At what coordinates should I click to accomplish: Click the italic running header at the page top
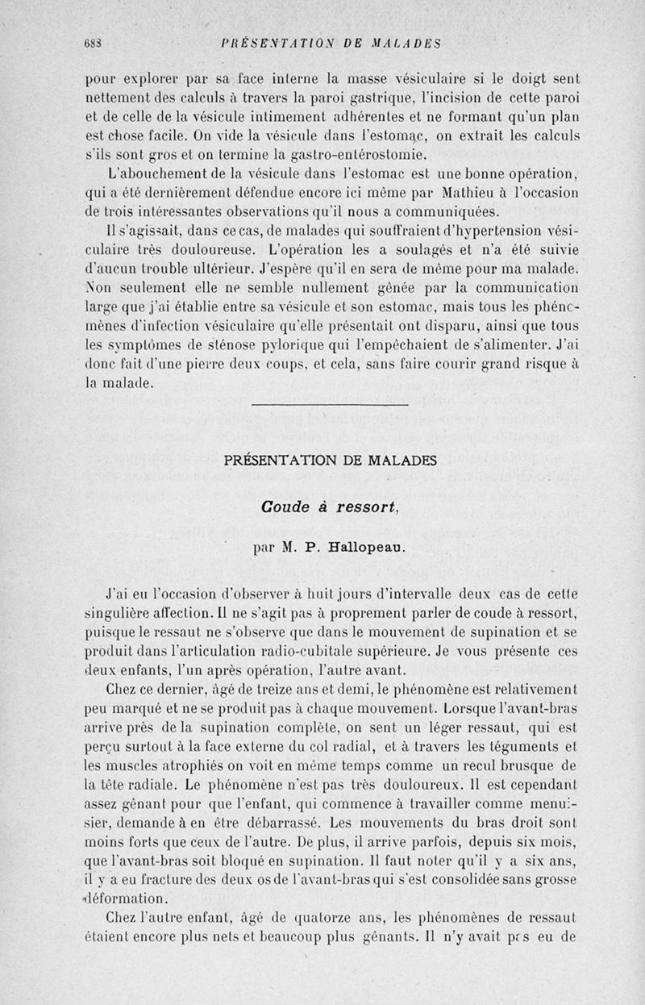click(x=333, y=44)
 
